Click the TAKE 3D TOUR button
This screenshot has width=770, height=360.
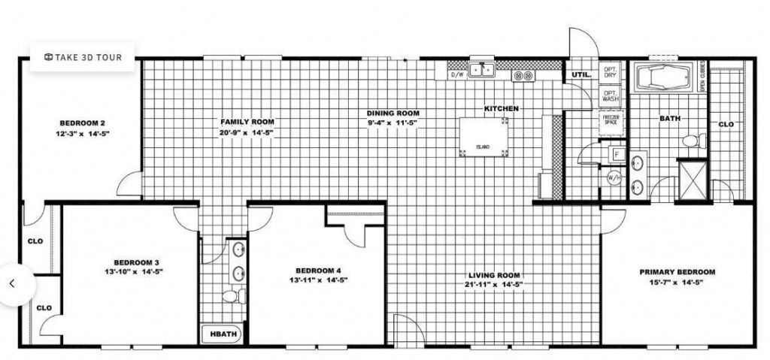82,56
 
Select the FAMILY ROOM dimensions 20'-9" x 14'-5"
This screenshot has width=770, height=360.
247,132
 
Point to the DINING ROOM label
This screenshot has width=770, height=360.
393,113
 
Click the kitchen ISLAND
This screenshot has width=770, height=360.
484,136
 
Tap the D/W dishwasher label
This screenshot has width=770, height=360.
456,75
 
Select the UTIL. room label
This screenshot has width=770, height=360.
581,75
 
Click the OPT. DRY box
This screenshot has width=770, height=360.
610,73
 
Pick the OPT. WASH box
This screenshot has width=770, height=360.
610,96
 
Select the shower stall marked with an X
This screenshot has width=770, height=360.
693,180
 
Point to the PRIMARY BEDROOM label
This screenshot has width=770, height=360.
677,272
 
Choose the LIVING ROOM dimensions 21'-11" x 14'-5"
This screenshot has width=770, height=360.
495,285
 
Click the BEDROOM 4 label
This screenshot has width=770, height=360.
318,271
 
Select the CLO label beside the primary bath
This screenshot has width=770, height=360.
726,124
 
